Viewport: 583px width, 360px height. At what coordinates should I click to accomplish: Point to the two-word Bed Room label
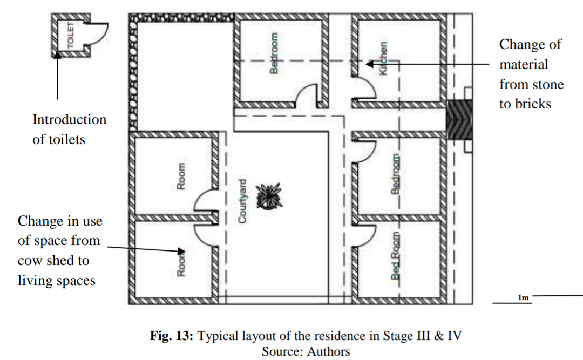pos(396,256)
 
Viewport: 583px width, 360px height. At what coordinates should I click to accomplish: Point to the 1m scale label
pos(523,297)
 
